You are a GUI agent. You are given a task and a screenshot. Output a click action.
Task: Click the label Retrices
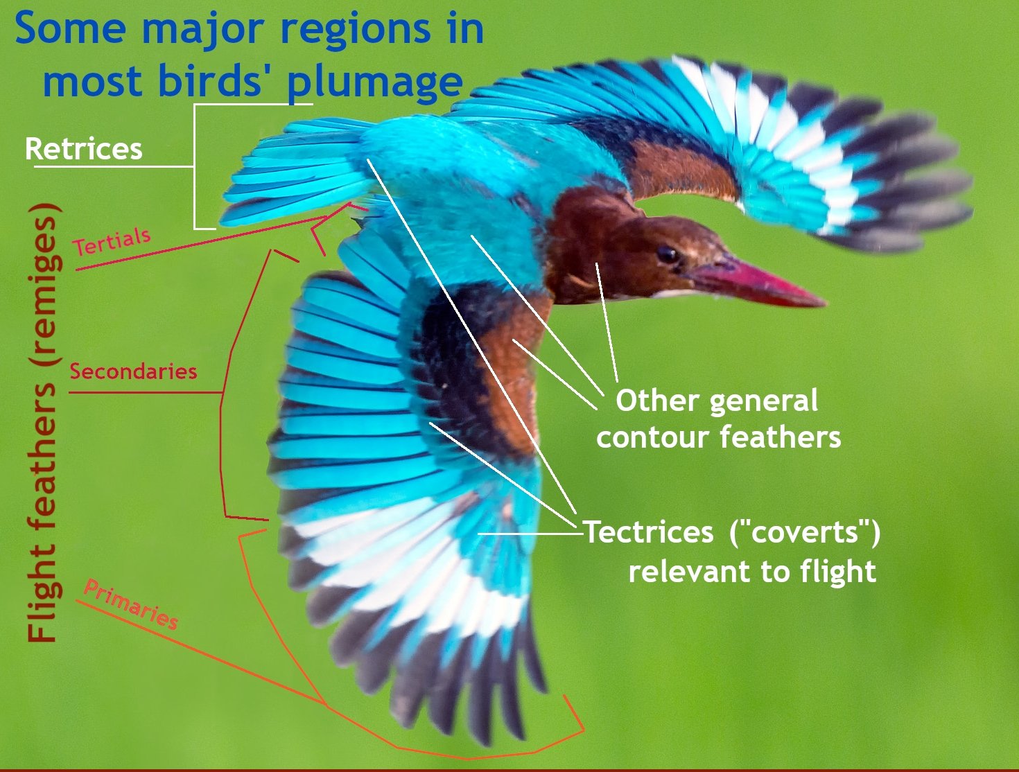pos(84,149)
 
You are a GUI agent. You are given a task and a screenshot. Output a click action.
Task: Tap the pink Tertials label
pos(112,241)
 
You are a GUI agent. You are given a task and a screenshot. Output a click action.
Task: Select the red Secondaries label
pos(133,371)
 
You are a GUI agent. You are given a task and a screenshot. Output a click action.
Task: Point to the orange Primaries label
pos(131,605)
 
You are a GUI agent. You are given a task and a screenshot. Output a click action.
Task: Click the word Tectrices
pos(648,532)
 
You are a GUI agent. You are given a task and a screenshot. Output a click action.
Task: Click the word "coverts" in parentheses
pos(805,532)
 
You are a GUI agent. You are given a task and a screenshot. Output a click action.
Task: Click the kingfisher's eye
pos(667,254)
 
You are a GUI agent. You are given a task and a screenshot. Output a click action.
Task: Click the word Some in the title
pos(68,29)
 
